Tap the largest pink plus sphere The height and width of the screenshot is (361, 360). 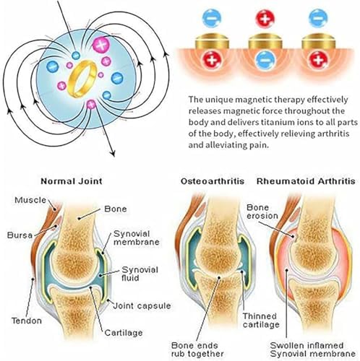(x=101, y=45)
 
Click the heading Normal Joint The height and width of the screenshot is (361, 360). (x=72, y=181)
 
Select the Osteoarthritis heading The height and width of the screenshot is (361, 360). (x=213, y=181)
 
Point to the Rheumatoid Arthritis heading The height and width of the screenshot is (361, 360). (x=306, y=181)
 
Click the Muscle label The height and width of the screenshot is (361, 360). (x=30, y=200)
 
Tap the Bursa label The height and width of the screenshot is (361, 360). (x=20, y=235)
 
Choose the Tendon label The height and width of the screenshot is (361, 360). (x=27, y=321)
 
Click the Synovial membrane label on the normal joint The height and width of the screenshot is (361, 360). (x=137, y=238)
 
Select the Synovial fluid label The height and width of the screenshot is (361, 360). (x=140, y=274)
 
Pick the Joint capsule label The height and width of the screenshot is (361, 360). (x=142, y=306)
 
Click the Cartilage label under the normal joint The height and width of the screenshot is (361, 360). (x=124, y=333)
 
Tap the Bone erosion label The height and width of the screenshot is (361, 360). (x=262, y=212)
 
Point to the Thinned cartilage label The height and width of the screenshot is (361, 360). (x=261, y=321)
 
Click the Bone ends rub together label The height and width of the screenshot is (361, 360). (x=197, y=349)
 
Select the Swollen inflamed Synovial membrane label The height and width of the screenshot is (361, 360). (x=313, y=349)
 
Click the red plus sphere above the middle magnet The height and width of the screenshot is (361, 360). (x=265, y=18)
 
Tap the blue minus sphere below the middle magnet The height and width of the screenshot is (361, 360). (x=265, y=60)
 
